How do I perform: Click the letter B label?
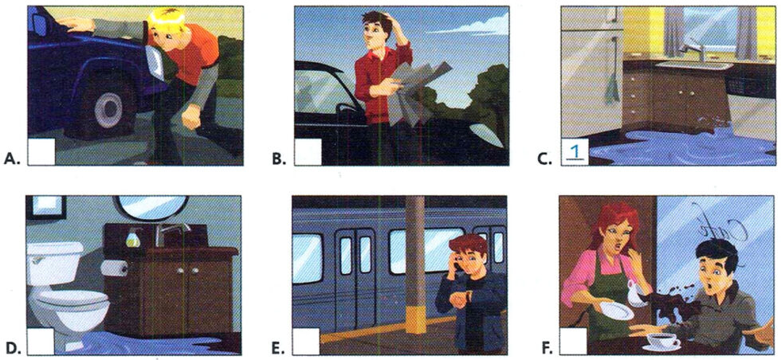pyautogui.click(x=278, y=158)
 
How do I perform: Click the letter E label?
pyautogui.click(x=277, y=348)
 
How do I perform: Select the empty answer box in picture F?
pyautogui.click(x=575, y=341)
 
